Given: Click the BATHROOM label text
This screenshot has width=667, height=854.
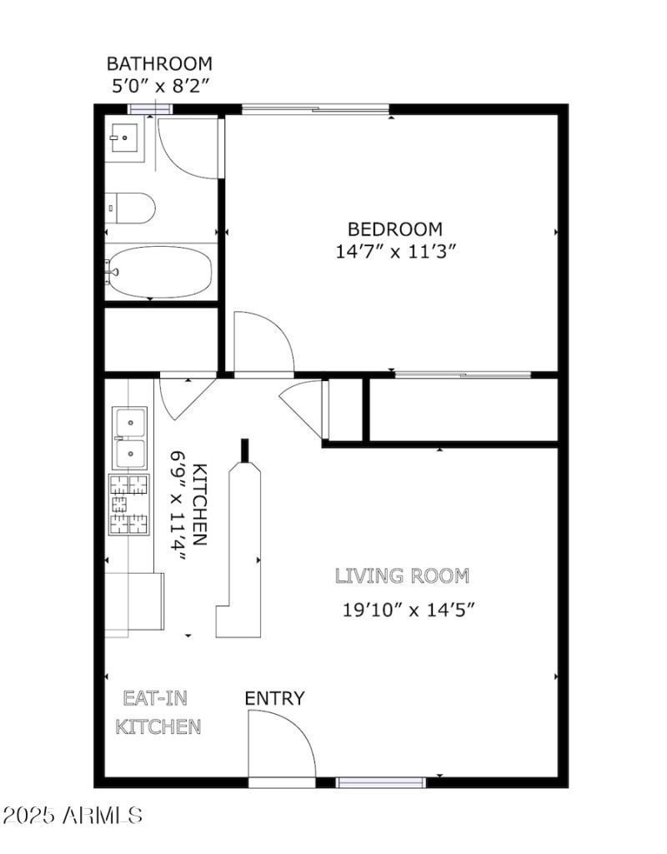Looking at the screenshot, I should [158, 63].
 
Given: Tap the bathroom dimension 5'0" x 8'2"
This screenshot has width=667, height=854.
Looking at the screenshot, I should [158, 84].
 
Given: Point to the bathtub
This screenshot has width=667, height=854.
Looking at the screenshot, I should [160, 271].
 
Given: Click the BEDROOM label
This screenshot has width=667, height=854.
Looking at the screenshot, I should [394, 229].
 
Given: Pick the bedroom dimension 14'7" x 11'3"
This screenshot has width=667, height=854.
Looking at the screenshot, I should [394, 251].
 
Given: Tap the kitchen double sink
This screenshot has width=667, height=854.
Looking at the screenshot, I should [129, 438].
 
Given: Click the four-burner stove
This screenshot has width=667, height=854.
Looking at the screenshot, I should [128, 505].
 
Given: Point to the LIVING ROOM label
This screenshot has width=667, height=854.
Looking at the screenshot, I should [402, 575].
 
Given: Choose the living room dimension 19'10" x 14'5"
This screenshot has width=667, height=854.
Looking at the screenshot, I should [409, 609].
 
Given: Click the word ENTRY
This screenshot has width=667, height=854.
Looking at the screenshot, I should [274, 699].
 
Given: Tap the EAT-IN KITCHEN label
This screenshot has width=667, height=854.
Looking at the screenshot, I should [158, 712].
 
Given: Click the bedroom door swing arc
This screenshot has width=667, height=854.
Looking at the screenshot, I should [265, 342].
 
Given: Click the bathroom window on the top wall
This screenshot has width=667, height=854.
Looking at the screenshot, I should [150, 108].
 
